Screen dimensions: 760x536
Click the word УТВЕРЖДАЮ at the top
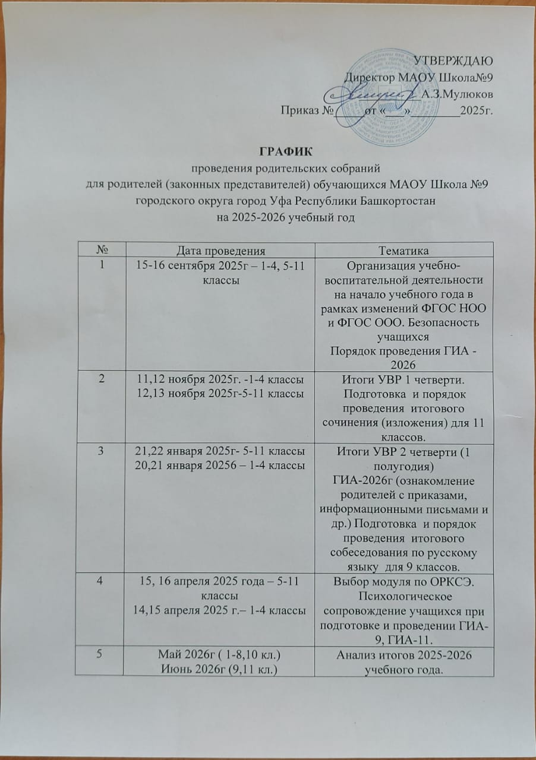point(453,61)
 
